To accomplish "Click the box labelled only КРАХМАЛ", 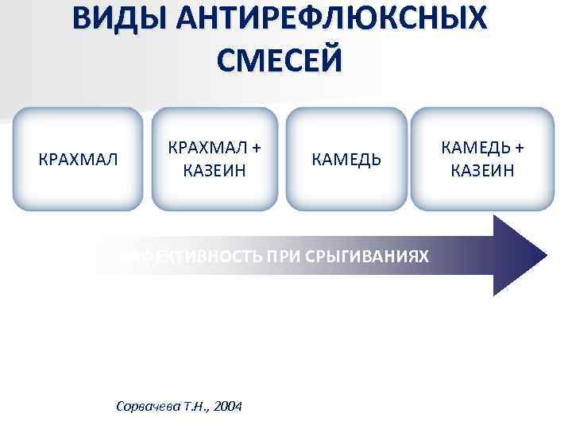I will click(78, 159).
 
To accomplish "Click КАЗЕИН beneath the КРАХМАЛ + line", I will click(214, 170).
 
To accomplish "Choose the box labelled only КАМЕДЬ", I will click(346, 160).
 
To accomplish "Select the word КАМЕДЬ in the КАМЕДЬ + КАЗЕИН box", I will click(471, 149).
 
